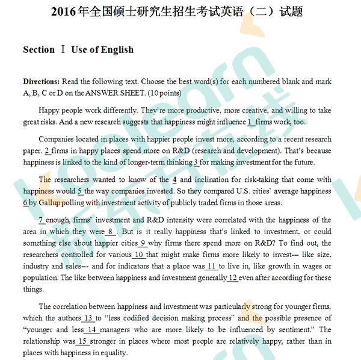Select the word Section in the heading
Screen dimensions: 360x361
tap(39, 49)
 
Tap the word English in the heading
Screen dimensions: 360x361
tap(117, 49)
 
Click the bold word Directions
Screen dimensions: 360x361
tap(41, 81)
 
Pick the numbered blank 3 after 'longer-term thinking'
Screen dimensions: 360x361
tap(196, 162)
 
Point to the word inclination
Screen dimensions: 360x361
tap(210, 179)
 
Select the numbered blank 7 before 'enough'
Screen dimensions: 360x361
tap(40, 220)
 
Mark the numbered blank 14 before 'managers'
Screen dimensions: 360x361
tap(91, 329)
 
